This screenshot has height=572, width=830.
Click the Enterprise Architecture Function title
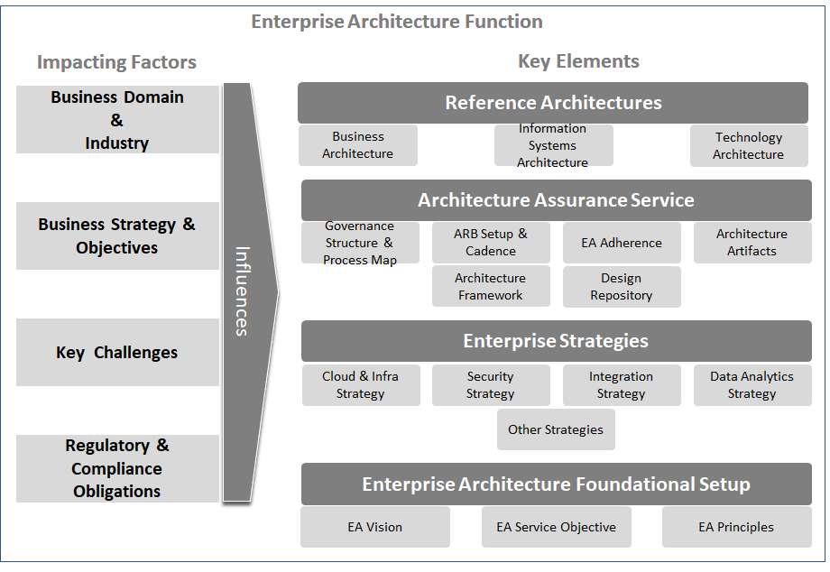point(397,22)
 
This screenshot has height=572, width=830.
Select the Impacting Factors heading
point(116,62)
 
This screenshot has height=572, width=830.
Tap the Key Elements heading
point(578,61)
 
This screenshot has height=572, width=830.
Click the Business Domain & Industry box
point(117,120)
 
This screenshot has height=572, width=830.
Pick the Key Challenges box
point(117,353)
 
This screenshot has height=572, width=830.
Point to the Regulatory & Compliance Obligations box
point(117,468)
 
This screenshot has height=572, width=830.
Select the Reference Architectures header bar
point(553,103)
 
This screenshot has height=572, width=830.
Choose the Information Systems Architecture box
point(553,145)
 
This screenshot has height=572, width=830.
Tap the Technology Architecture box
point(749,145)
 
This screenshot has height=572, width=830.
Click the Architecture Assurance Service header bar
point(556,200)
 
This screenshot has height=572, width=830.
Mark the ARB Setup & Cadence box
point(491,243)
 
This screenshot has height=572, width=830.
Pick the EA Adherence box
point(622,243)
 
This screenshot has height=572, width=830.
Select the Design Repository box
point(622,286)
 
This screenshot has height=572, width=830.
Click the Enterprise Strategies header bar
point(556,341)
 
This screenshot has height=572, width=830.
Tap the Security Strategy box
point(491,385)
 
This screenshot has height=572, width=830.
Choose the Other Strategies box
point(556,429)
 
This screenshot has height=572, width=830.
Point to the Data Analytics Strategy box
point(752,385)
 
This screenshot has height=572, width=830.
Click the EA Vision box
point(375,527)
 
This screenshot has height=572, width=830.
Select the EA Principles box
point(736,527)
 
